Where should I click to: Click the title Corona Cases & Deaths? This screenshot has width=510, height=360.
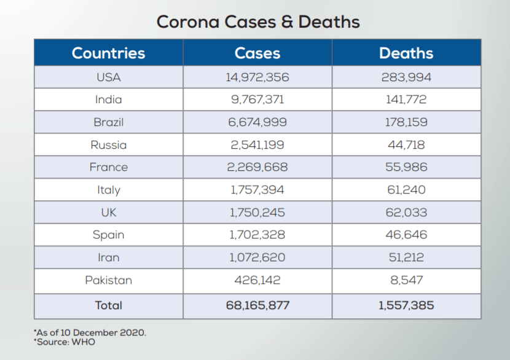pyautogui.click(x=258, y=22)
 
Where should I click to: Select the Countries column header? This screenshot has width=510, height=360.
pyautogui.click(x=108, y=53)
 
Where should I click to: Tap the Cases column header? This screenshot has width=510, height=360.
pyautogui.click(x=257, y=53)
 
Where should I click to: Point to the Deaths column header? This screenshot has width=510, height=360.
pyautogui.click(x=406, y=53)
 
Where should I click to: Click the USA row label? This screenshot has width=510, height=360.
pyautogui.click(x=108, y=77)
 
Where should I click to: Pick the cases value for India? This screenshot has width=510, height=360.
pyautogui.click(x=257, y=100)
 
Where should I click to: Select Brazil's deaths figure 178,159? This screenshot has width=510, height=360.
pyautogui.click(x=406, y=122)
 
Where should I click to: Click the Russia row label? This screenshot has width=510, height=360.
pyautogui.click(x=108, y=145)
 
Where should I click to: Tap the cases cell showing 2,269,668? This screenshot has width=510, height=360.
pyautogui.click(x=257, y=167)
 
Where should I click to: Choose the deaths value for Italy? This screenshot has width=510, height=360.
pyautogui.click(x=406, y=190)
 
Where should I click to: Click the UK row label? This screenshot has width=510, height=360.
pyautogui.click(x=108, y=213)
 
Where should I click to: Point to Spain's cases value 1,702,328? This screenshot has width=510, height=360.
pyautogui.click(x=257, y=235)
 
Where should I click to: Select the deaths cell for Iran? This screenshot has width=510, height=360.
pyautogui.click(x=406, y=257)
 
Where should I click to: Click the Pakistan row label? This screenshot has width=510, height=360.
pyautogui.click(x=108, y=280)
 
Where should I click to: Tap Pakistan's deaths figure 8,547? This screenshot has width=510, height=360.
pyautogui.click(x=406, y=280)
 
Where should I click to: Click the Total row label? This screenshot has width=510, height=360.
pyautogui.click(x=108, y=305)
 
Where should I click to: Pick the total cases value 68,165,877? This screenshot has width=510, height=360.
pyautogui.click(x=257, y=305)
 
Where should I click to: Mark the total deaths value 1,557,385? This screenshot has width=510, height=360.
pyautogui.click(x=406, y=305)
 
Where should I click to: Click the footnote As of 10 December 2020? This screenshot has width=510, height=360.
pyautogui.click(x=90, y=332)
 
